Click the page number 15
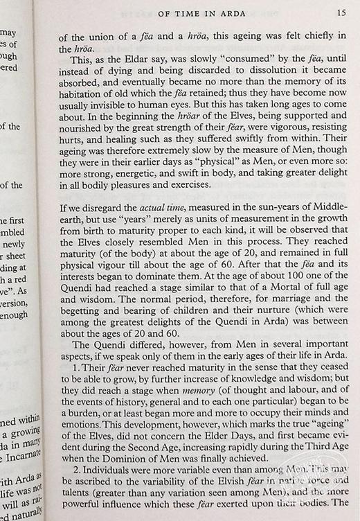342,12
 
